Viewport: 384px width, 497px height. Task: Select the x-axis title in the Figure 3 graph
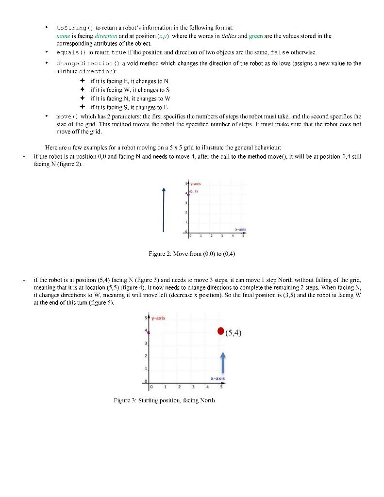(217, 379)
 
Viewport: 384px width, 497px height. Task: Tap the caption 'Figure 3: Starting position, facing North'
(162, 400)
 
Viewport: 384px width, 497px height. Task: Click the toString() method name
(71, 28)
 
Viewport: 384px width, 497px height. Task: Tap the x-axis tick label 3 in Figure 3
(194, 387)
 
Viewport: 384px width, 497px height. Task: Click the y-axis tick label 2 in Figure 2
(185, 213)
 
